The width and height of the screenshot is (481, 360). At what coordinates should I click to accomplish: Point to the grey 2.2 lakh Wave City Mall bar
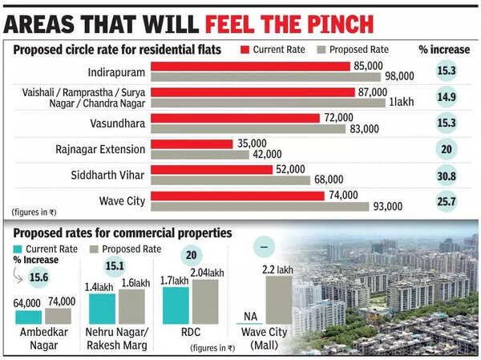click(x=277, y=300)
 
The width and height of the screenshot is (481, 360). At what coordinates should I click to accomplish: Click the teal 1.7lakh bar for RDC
click(x=176, y=305)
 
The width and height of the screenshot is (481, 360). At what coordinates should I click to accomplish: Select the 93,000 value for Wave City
click(x=387, y=207)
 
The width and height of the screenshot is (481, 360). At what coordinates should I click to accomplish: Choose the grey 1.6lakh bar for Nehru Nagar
click(x=132, y=306)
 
